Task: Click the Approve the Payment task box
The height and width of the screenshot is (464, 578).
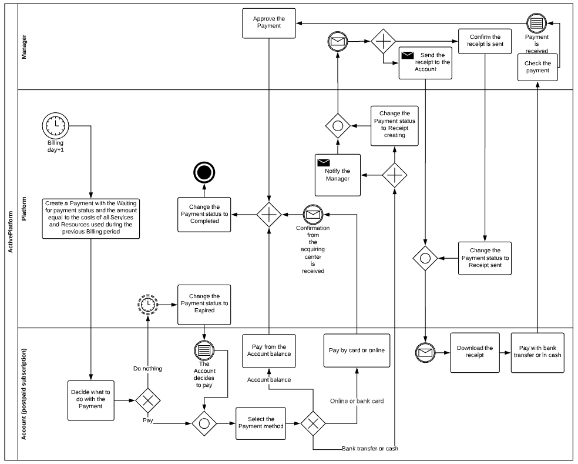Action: click(268, 24)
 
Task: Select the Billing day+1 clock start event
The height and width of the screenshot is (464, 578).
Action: click(55, 125)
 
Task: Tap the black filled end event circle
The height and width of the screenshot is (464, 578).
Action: click(204, 172)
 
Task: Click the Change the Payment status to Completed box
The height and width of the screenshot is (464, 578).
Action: click(204, 214)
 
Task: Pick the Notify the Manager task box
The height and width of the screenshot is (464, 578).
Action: click(337, 175)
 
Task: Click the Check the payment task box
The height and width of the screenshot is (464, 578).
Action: click(537, 67)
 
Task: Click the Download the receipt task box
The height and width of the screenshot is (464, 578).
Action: click(475, 352)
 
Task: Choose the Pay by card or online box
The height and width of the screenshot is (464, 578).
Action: click(357, 350)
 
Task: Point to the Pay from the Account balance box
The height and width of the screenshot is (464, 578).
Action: click(268, 351)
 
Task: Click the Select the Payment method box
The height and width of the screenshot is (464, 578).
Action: click(260, 423)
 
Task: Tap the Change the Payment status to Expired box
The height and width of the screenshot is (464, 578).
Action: click(204, 304)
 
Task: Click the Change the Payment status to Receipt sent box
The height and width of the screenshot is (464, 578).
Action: click(485, 258)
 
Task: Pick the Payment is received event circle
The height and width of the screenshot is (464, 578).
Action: click(536, 23)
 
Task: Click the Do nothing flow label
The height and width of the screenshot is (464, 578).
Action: click(147, 369)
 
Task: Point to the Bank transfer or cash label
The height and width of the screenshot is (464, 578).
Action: click(370, 449)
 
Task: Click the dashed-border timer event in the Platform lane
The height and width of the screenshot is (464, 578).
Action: click(147, 304)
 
